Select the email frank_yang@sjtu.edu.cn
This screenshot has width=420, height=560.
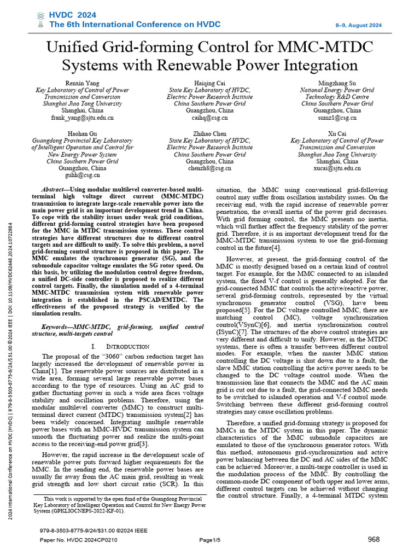coord(82,118)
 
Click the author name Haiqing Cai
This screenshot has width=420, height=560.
coord(209,83)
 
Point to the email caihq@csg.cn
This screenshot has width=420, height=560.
coord(209,118)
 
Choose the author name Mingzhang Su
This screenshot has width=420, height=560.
coord(337,83)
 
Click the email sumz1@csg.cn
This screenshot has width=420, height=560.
coord(337,118)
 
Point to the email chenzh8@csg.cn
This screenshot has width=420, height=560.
coord(209,169)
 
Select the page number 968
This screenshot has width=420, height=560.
coord(374,539)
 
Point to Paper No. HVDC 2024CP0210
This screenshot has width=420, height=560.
coord(86,540)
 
